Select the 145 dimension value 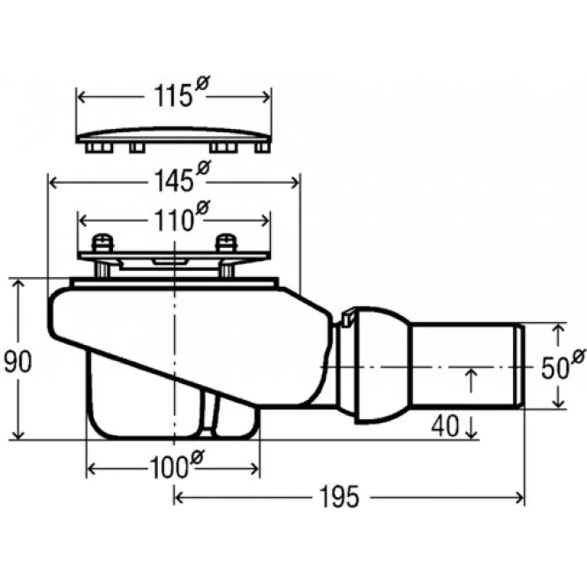coord(173,182)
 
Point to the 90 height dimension coord(14,361)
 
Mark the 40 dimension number coord(446,426)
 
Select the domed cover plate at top coord(175,137)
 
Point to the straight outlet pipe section coord(467,365)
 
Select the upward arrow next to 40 coord(470,380)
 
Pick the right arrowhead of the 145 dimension coord(296,183)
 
